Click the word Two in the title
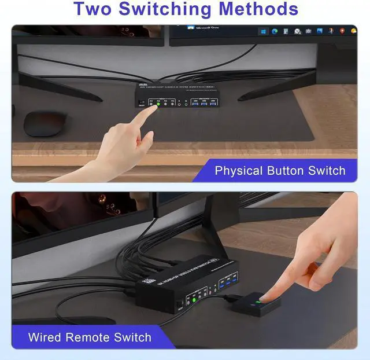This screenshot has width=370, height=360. point(95,9)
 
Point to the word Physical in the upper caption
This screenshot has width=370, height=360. point(238,170)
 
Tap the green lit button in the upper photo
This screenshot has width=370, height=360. point(158,105)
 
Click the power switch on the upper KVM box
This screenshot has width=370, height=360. point(140,103)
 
